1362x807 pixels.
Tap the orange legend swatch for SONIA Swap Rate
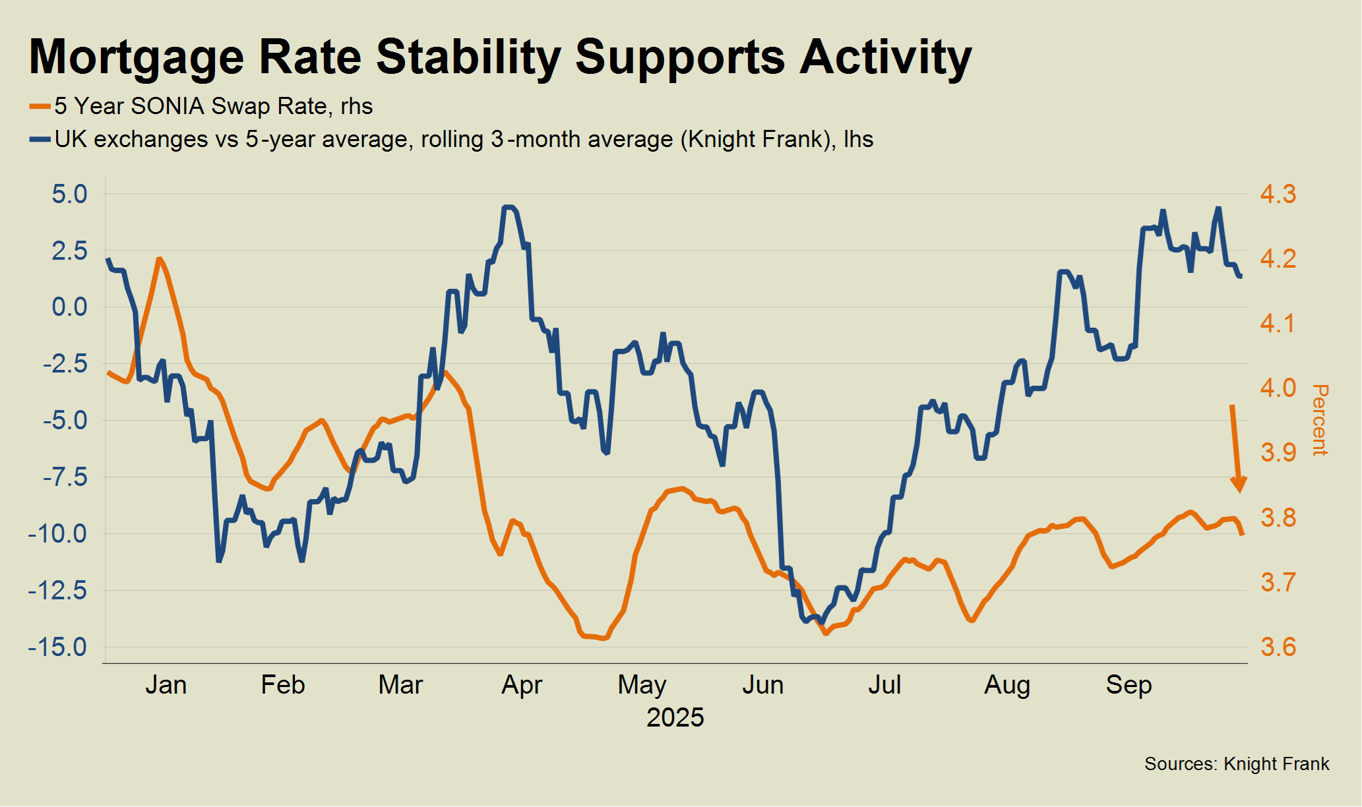click(x=40, y=107)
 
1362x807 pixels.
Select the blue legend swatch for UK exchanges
click(x=40, y=140)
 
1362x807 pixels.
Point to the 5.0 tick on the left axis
click(x=70, y=194)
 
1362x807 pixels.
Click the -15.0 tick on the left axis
click(x=58, y=647)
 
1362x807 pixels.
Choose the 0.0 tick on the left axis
click(x=70, y=307)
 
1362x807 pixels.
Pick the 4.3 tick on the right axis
click(x=1278, y=194)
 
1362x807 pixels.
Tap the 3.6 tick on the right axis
click(x=1278, y=647)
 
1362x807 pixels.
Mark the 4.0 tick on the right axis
click(x=1278, y=388)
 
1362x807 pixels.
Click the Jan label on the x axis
click(x=166, y=685)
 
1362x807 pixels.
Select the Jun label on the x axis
click(x=763, y=685)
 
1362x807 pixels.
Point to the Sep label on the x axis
click(x=1129, y=685)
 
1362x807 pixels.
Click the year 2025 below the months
click(x=675, y=717)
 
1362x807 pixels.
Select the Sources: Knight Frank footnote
click(x=1237, y=763)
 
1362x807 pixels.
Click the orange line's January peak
click(x=159, y=258)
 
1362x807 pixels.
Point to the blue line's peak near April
click(x=508, y=207)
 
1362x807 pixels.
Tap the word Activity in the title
click(x=886, y=57)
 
